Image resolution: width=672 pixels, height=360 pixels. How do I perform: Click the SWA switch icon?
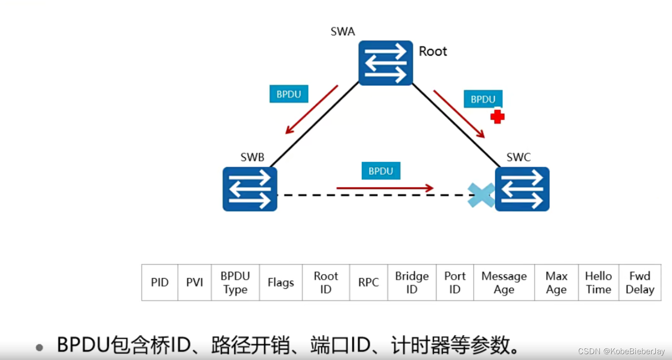click(x=386, y=63)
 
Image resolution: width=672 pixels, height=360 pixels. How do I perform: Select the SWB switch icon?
click(x=250, y=189)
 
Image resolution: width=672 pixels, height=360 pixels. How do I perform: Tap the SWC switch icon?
click(x=522, y=189)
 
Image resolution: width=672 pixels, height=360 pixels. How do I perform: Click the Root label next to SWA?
click(x=433, y=51)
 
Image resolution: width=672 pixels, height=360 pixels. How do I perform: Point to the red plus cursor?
click(x=497, y=117)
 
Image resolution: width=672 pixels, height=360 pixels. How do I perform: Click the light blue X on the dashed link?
click(x=481, y=195)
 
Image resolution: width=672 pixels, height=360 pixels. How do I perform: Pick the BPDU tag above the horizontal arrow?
click(x=381, y=171)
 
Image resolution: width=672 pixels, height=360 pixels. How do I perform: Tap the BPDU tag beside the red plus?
click(x=482, y=99)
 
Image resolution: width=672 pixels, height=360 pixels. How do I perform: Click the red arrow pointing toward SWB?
click(x=311, y=110)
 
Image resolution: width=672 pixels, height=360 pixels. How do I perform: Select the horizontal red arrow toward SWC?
click(x=385, y=188)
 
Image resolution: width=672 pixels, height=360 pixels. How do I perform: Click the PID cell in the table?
click(x=159, y=283)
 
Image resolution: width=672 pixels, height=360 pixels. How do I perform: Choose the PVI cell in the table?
click(x=195, y=283)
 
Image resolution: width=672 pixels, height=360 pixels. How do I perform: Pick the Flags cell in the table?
click(x=280, y=283)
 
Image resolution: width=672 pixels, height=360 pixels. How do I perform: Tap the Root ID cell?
click(x=326, y=283)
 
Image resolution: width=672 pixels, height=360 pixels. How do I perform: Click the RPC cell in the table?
click(x=368, y=283)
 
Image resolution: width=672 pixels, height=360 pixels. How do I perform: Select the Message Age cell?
click(x=504, y=283)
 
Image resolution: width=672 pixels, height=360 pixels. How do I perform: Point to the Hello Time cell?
click(x=598, y=283)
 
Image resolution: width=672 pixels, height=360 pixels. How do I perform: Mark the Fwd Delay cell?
click(x=639, y=283)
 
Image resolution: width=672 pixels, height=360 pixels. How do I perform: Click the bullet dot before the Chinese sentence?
click(x=40, y=347)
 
